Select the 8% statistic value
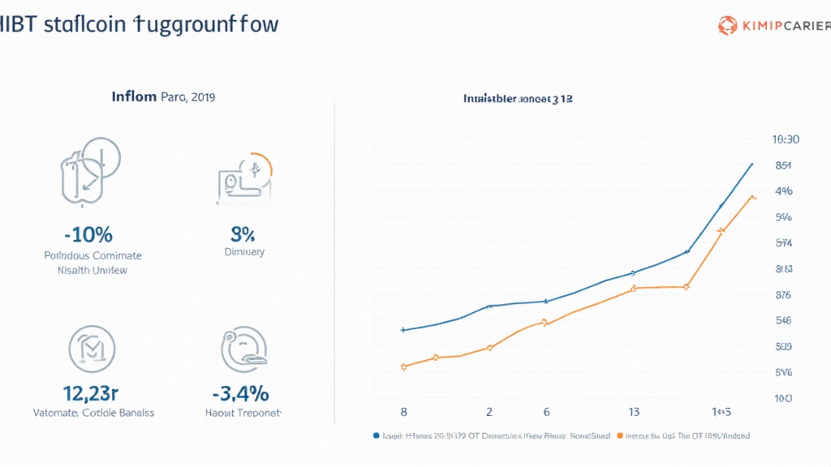[243, 235]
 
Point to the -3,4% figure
[240, 394]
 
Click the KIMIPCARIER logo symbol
[727, 27]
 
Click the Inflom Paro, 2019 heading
[163, 97]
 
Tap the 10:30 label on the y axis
[786, 139]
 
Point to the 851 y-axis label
[783, 165]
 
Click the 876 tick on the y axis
[783, 295]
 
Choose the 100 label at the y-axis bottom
[783, 399]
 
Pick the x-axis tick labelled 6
[546, 412]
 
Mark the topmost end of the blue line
[751, 164]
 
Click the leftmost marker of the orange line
[403, 367]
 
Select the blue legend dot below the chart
[376, 435]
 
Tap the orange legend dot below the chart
[622, 435]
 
